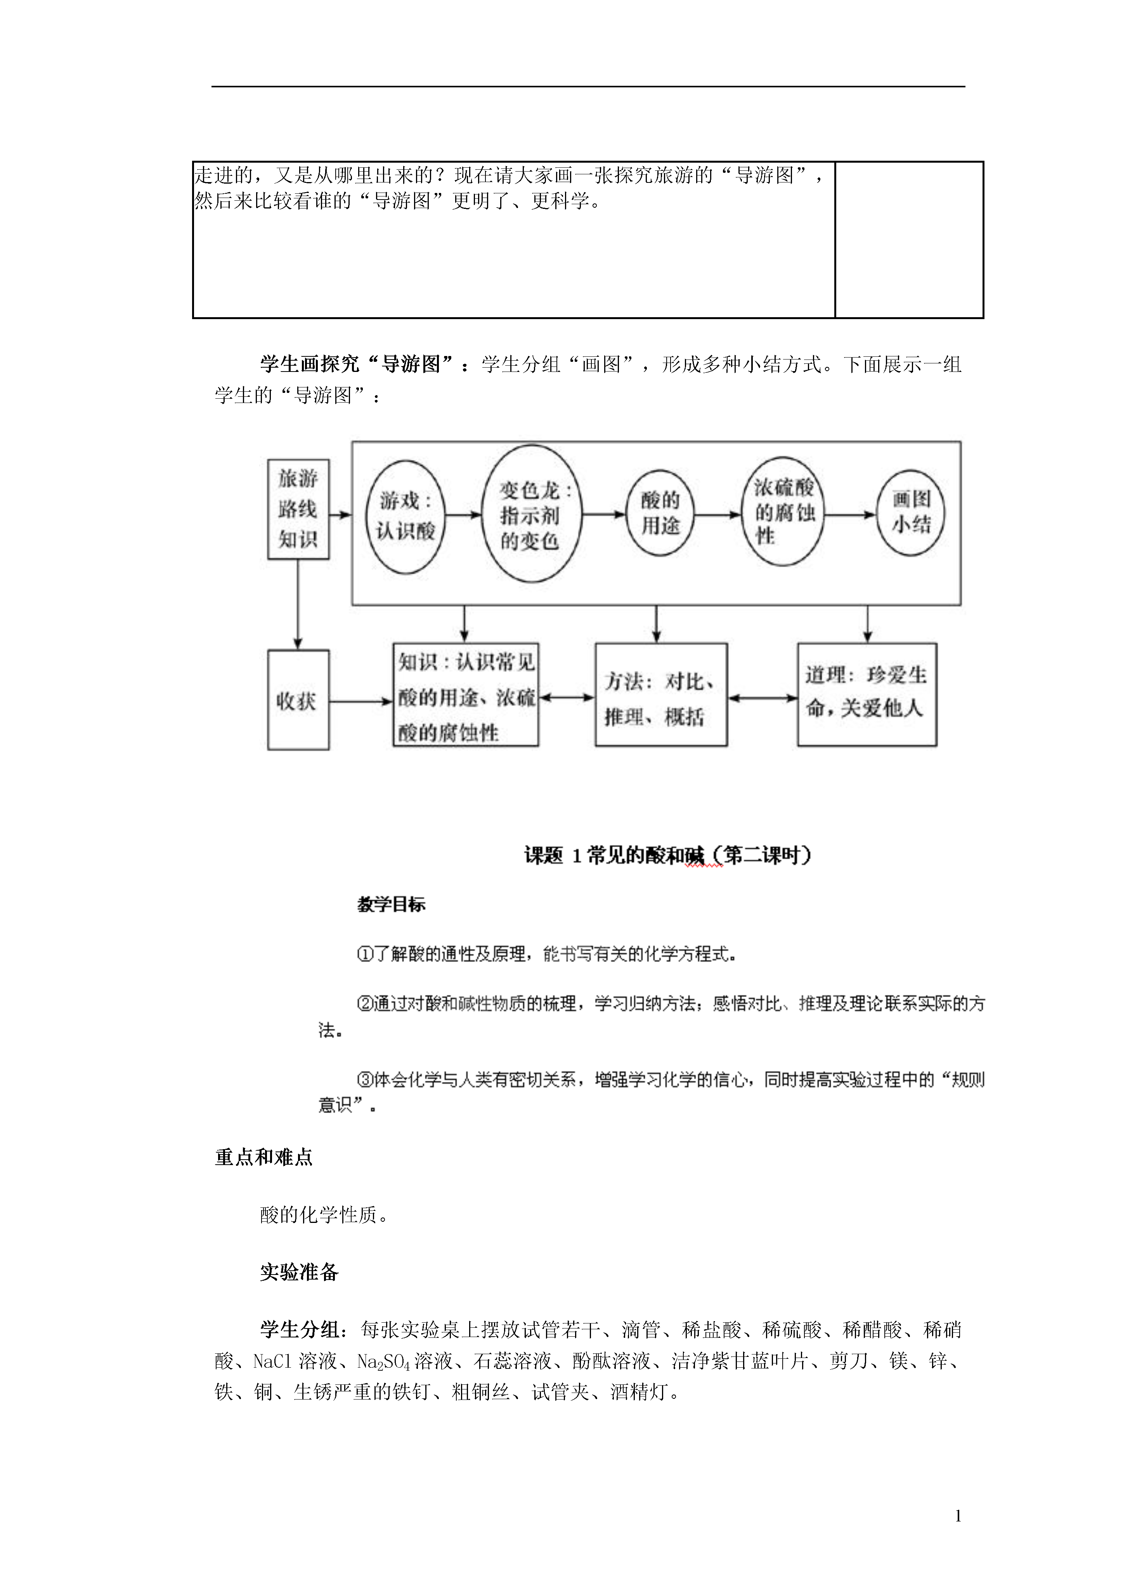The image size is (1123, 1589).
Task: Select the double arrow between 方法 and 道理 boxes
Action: point(763,698)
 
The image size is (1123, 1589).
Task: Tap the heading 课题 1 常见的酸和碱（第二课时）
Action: point(668,855)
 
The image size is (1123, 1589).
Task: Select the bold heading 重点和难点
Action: point(263,1157)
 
